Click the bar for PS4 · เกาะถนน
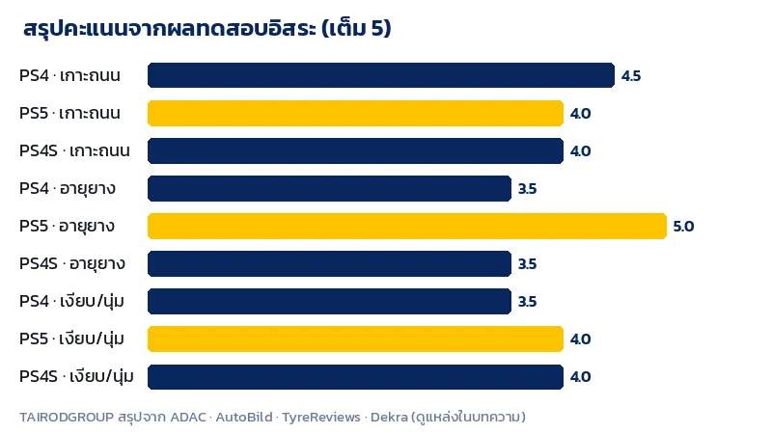tap(381, 75)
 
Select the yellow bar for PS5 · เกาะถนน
tap(355, 113)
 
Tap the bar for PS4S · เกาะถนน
tap(355, 150)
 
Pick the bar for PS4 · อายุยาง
tap(329, 188)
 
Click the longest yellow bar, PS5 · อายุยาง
tap(407, 226)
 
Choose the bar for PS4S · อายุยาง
tap(329, 263)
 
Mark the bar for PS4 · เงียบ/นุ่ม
tap(329, 301)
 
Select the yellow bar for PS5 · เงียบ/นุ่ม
tap(355, 339)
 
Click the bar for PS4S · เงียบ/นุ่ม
tap(355, 376)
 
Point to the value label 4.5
tap(631, 76)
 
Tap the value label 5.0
tap(683, 227)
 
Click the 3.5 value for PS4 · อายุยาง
tap(527, 189)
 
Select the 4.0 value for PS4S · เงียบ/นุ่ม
tap(580, 377)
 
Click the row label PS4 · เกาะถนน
tap(69, 75)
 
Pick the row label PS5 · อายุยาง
tap(67, 227)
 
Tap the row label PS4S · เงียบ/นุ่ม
tap(76, 376)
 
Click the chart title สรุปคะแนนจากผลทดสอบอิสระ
tap(170, 28)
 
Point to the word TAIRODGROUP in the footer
tap(67, 417)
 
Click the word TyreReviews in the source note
tap(321, 417)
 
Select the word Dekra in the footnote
tap(389, 417)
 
